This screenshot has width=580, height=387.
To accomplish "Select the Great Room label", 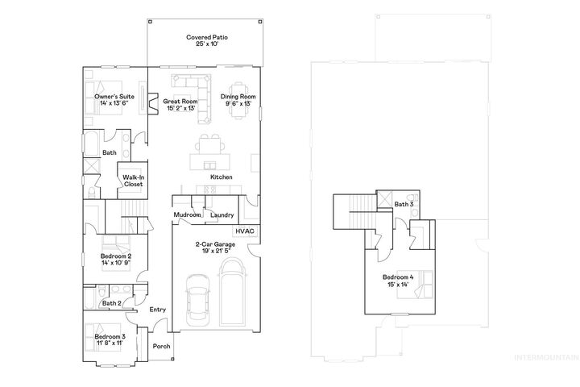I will point(181,102).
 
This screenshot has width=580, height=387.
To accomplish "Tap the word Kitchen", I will point(222,177).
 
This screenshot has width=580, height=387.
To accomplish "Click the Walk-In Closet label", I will point(132,181).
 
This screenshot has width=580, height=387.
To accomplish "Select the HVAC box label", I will point(245,231).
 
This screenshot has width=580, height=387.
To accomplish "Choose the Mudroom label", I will point(187,215).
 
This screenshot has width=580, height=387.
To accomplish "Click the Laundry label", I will point(222,215).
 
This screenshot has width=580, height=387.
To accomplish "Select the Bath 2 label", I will point(111,303).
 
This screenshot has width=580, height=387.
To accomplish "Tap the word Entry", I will point(157,310).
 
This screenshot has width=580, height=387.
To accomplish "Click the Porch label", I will point(162,347).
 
